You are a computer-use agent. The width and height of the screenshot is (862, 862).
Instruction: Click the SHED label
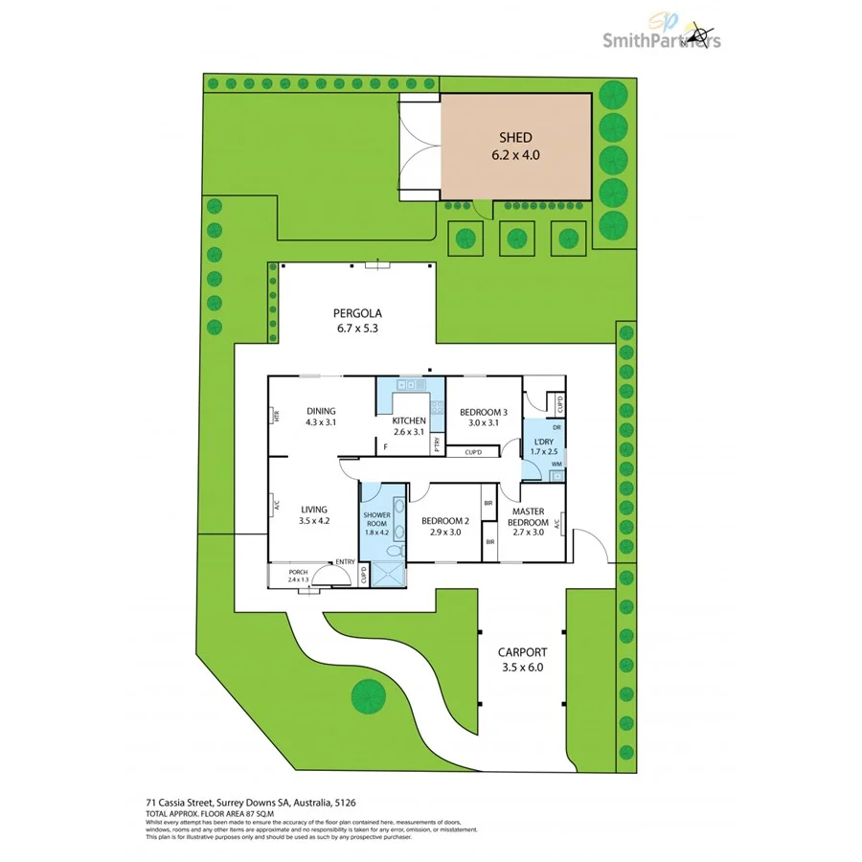[514, 138]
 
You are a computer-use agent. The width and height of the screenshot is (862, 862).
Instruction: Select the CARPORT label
[520, 652]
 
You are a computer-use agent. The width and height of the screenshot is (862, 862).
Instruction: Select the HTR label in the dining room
[275, 417]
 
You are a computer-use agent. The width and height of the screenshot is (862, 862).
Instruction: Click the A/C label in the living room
[275, 505]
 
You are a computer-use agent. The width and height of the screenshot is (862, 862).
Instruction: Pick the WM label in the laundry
[556, 465]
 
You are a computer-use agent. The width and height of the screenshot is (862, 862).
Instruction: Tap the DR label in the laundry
[556, 427]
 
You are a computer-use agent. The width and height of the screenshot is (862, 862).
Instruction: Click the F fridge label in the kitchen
[385, 446]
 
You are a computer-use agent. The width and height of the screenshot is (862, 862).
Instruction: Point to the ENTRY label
[345, 562]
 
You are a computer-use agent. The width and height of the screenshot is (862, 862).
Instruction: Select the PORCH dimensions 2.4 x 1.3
[297, 579]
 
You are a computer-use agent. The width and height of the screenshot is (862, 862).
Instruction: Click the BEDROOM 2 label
[445, 521]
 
